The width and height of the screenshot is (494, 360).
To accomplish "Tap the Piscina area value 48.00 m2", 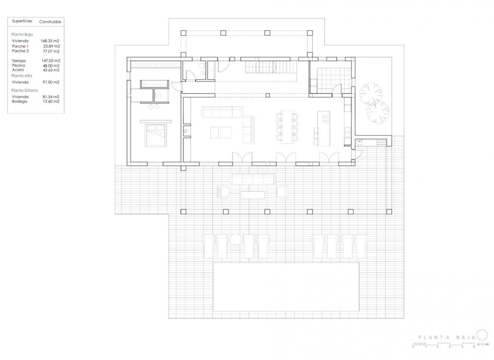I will pyautogui.click(x=50, y=65).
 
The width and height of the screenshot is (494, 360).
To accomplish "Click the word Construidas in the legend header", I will pyautogui.click(x=50, y=22).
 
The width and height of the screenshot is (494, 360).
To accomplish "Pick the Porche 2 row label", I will pyautogui.click(x=21, y=51).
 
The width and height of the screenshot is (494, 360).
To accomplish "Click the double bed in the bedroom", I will pyautogui.click(x=154, y=135).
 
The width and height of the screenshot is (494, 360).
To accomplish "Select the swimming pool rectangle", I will pyautogui.click(x=287, y=287).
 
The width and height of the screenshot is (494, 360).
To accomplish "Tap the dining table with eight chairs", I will pyautogui.click(x=287, y=127).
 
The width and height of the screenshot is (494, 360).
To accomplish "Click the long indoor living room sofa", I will pyautogui.click(x=222, y=111).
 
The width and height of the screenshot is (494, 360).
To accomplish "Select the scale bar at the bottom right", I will pyautogui.click(x=443, y=346).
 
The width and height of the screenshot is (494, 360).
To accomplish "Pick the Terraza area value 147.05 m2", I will pyautogui.click(x=50, y=61).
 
